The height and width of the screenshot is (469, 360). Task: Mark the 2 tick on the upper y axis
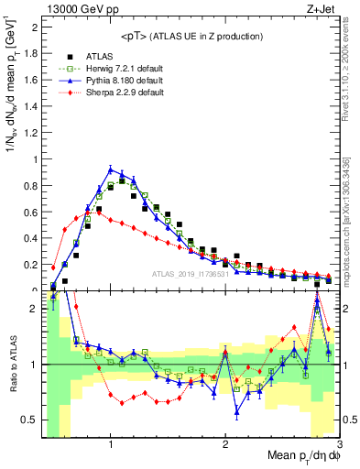[34, 27]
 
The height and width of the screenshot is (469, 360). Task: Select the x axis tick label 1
[111, 444]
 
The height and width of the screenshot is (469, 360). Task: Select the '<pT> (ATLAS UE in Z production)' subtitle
[191, 36]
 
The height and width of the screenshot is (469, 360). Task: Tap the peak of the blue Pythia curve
[111, 169]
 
